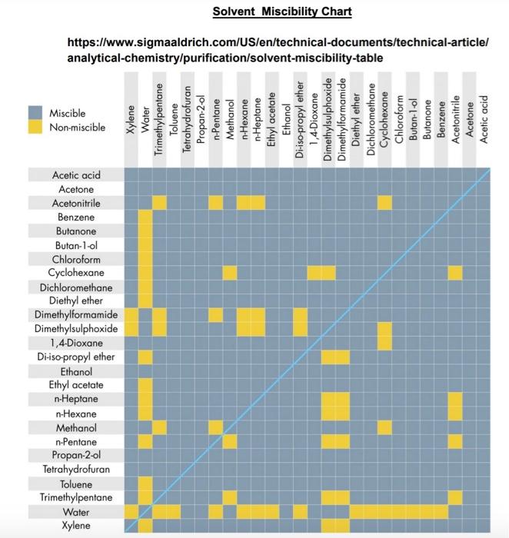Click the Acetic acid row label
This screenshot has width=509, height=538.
[x=76, y=175]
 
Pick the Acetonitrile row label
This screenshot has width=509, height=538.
[x=76, y=203]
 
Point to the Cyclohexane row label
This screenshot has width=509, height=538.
[x=76, y=273]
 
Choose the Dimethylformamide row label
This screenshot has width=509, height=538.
[x=76, y=315]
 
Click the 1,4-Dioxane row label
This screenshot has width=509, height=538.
[x=76, y=343]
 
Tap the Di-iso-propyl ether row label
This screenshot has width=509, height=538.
[x=76, y=357]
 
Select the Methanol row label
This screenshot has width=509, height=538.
[x=76, y=427]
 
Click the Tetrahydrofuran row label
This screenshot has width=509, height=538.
[x=76, y=469]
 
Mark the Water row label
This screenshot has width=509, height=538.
[x=76, y=511]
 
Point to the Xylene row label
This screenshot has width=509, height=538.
[x=76, y=526]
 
